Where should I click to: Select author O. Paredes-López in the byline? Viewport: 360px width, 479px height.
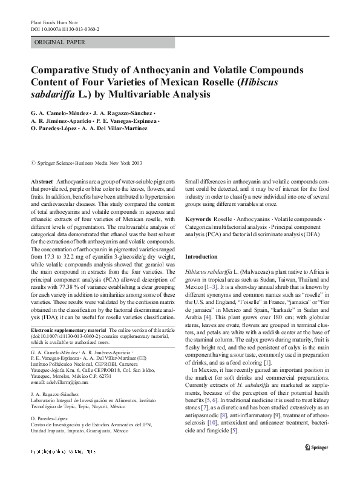[54, 128]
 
